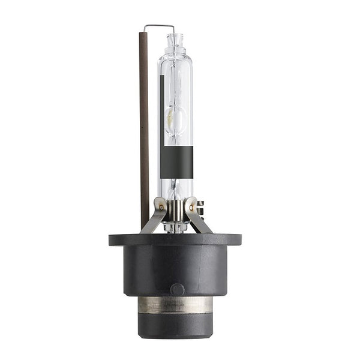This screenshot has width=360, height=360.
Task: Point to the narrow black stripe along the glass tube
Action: [163, 96]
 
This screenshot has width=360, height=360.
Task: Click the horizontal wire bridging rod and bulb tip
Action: [159, 26]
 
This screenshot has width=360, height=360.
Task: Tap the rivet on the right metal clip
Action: [191, 208]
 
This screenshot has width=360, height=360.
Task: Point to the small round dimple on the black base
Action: [177, 289]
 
